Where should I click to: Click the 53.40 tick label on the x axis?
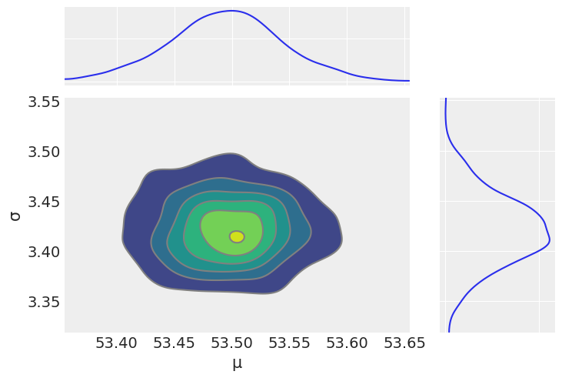tap(117, 343)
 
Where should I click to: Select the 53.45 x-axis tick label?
tap(175, 343)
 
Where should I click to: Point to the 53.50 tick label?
tap(232, 343)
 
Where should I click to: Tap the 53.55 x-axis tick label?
tap(289, 343)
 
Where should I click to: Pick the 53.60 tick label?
tap(347, 343)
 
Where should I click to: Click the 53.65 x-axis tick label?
tap(404, 343)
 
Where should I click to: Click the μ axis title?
tap(237, 363)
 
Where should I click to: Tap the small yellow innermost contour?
tap(237, 236)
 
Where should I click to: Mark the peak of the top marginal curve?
tap(231, 11)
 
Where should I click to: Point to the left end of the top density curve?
tap(65, 79)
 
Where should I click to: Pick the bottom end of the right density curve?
tap(449, 332)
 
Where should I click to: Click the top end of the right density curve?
tap(446, 99)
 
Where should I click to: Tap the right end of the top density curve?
tap(409, 80)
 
